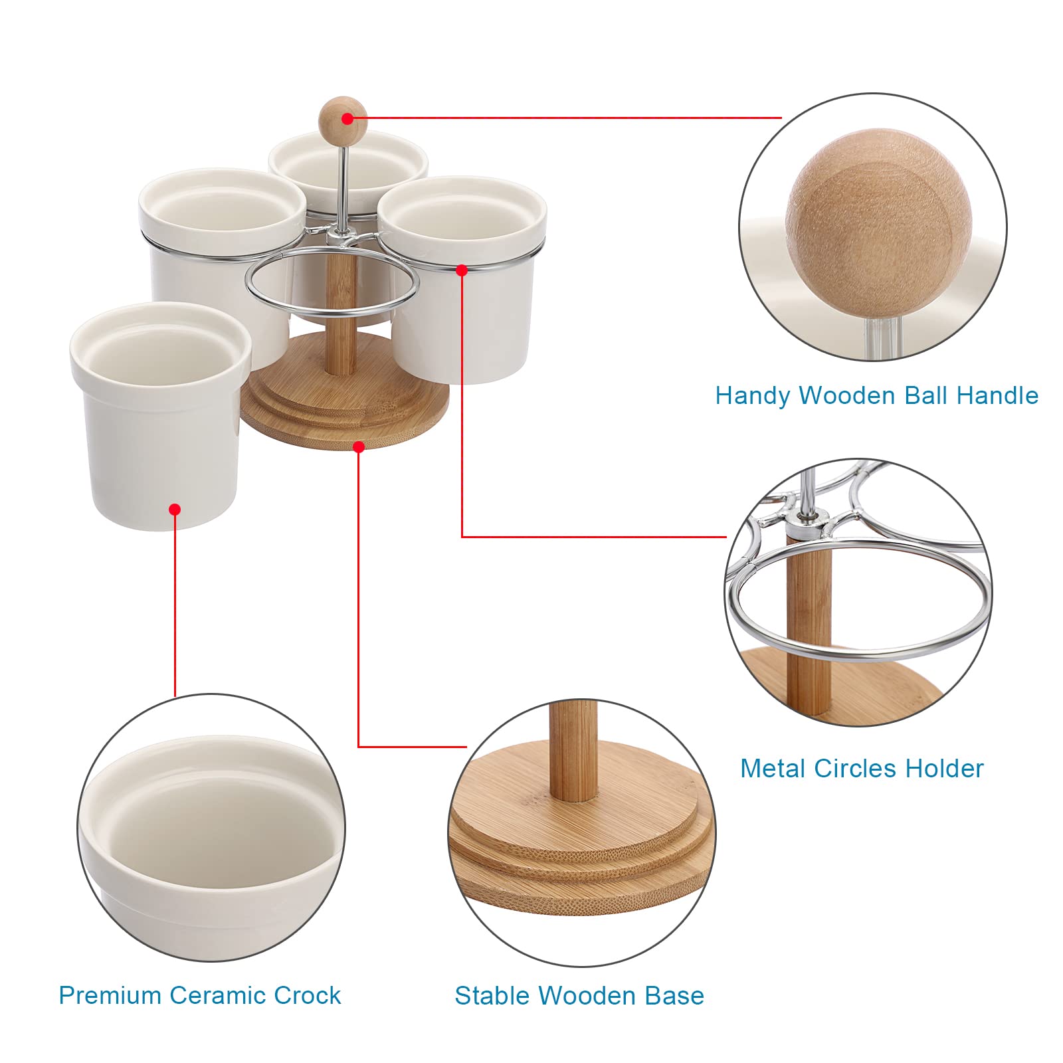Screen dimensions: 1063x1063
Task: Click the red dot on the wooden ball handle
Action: coord(347,119)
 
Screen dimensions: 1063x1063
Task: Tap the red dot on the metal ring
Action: coord(462,270)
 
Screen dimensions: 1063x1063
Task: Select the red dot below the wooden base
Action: coord(359,447)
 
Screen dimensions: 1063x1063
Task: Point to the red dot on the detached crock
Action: coord(175,510)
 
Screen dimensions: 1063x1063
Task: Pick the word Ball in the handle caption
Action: coord(925,395)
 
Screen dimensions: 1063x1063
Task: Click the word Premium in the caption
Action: coord(110,995)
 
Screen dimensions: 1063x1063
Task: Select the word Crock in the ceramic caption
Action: coord(307,995)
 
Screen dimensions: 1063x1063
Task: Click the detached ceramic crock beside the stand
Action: coord(160,416)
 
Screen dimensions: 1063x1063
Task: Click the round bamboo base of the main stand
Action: coord(344,392)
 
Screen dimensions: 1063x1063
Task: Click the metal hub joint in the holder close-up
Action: coord(807,520)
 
